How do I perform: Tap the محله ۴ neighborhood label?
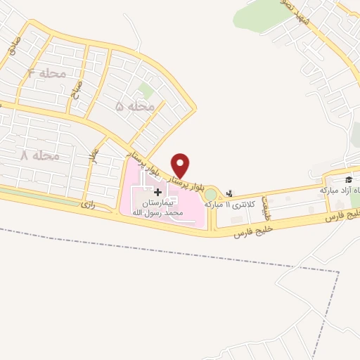[48, 73]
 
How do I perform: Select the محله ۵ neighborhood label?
[134, 106]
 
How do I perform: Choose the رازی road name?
[87, 205]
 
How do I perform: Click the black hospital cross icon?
[157, 192]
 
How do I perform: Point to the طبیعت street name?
[266, 205]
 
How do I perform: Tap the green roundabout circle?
[210, 194]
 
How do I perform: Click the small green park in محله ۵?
[146, 89]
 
